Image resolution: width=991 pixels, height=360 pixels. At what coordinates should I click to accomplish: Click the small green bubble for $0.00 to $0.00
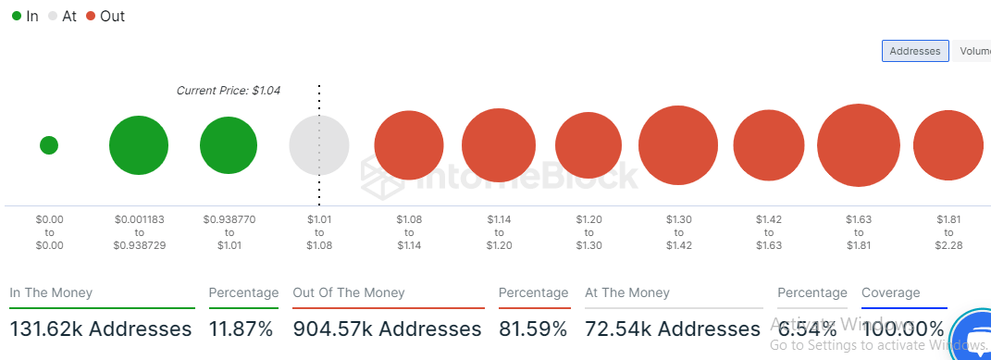pos(49,145)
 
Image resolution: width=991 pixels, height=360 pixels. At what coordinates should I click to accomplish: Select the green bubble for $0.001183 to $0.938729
pos(139,145)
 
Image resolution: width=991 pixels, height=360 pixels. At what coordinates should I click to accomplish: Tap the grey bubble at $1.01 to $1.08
pos(319,145)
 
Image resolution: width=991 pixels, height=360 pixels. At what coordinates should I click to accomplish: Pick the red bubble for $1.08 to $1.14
pos(409,145)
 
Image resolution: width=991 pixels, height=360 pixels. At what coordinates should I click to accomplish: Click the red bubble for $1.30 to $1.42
pos(679,145)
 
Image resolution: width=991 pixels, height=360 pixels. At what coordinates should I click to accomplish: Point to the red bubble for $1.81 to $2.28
pos(948,145)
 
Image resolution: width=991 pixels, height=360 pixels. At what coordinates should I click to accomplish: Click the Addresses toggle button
pos(914,51)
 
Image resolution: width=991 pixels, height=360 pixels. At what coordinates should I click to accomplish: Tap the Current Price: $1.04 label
pos(228,91)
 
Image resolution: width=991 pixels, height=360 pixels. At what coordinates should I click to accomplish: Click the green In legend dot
pos(16,17)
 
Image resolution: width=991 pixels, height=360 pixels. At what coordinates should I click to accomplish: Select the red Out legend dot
pos(90,17)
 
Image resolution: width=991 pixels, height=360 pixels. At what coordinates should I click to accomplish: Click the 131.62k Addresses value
pos(101,329)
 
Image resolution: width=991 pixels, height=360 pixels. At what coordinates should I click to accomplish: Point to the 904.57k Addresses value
pos(387,329)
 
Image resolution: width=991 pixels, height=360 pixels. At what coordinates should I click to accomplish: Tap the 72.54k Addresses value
pos(672,329)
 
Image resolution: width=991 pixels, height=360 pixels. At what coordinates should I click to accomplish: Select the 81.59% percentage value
pos(533,329)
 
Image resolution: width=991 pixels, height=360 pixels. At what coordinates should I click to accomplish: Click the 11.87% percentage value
pos(241,329)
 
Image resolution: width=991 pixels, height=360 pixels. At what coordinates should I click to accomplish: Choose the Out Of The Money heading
pos(349,292)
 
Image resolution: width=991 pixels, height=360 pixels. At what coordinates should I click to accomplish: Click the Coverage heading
pos(890,292)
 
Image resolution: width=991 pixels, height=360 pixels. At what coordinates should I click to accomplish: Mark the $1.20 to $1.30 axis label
pos(589,232)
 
